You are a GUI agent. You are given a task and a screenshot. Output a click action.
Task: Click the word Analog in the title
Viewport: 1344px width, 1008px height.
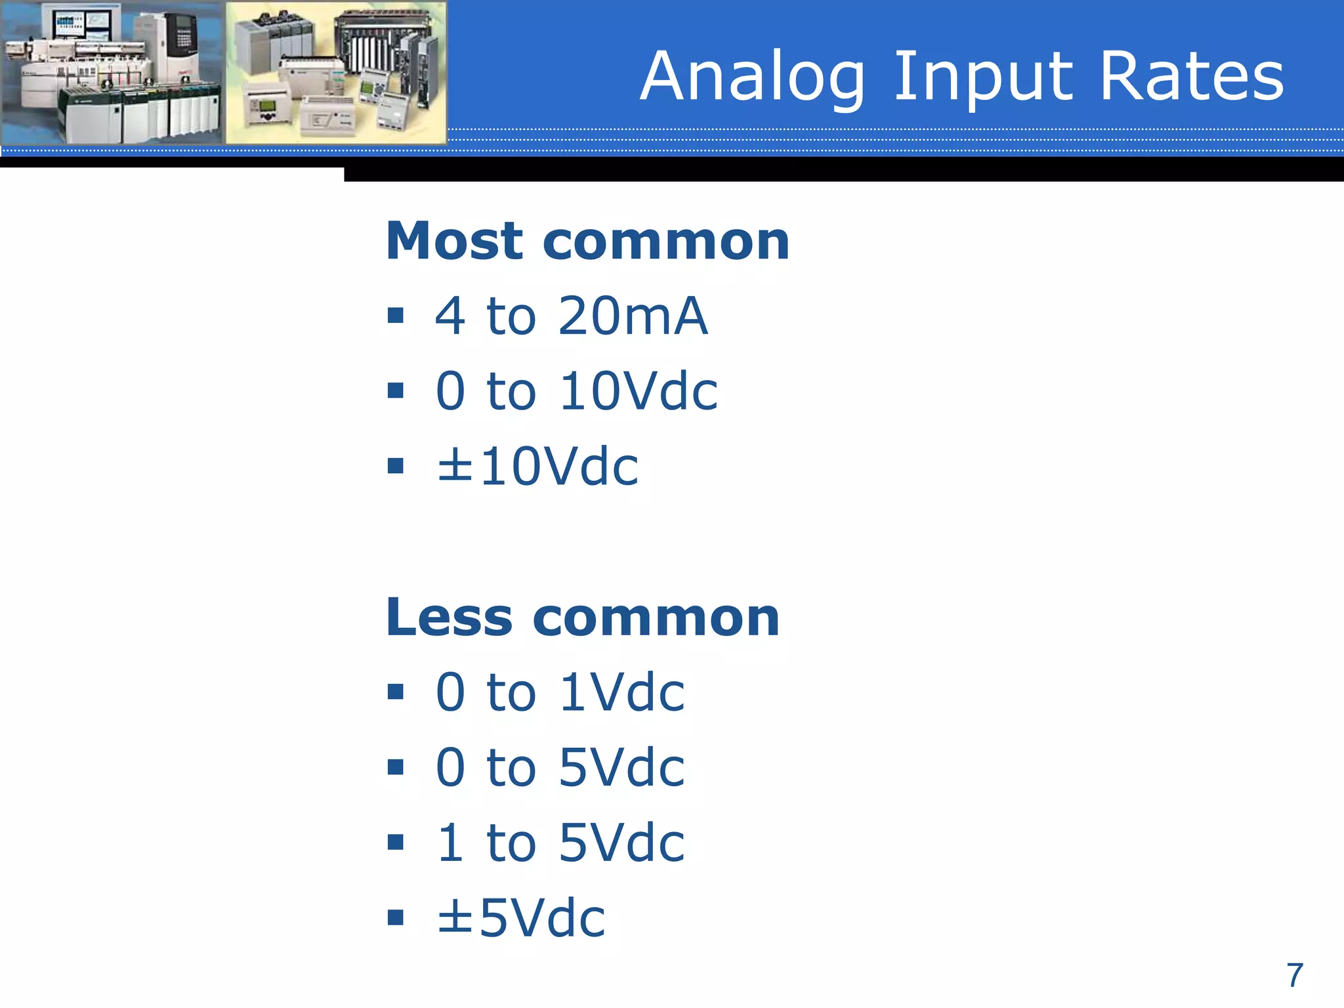coord(752,77)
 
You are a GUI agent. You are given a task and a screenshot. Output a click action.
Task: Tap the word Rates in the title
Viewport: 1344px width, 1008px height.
coord(1190,77)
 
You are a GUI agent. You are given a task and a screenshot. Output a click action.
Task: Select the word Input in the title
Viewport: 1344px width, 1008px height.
coord(982,77)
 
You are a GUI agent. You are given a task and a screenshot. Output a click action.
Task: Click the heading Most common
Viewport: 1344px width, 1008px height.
coord(587,241)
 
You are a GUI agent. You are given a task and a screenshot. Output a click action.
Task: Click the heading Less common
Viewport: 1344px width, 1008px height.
coord(582,618)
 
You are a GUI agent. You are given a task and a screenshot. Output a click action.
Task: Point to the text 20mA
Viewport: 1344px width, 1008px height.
coord(633,316)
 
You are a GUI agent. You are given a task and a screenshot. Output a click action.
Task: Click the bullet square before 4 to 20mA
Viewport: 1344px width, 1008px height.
coord(395,316)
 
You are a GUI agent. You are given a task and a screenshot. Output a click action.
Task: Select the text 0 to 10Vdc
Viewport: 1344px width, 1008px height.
coord(576,391)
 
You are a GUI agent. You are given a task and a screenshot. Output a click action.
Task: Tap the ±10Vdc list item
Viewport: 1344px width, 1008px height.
coord(537,467)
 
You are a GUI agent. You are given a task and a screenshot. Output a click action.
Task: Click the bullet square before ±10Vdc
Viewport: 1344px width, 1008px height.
coord(395,467)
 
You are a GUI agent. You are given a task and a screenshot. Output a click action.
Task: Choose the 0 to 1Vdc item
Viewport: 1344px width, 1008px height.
coord(560,692)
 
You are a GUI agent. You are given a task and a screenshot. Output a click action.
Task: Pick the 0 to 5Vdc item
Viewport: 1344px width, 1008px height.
coord(560,767)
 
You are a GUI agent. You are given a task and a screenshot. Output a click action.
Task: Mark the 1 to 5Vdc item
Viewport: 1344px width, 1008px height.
coord(560,843)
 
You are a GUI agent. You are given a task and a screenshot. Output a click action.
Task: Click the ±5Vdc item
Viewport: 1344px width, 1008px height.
coord(521,917)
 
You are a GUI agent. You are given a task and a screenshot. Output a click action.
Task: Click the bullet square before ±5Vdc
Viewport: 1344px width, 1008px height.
coord(395,917)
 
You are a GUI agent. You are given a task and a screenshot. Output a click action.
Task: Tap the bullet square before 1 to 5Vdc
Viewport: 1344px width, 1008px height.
coord(395,843)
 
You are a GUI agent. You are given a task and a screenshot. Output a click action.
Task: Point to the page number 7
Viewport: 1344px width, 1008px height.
coord(1294,976)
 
